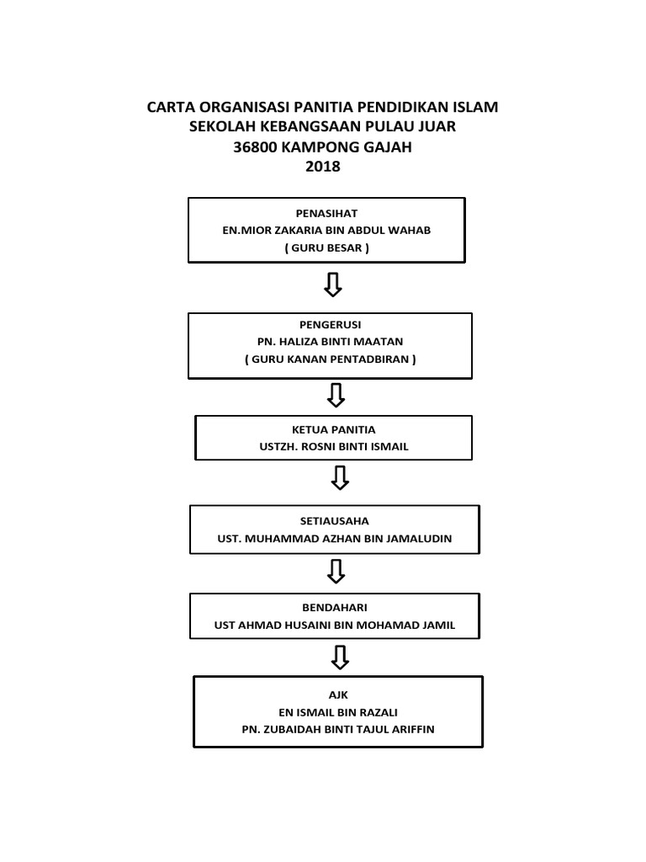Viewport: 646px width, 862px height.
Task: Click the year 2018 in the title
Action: [323, 167]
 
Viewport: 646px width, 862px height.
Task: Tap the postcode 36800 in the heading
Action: [257, 146]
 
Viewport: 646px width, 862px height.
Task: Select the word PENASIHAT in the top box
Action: [326, 214]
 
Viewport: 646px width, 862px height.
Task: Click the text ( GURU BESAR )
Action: [326, 248]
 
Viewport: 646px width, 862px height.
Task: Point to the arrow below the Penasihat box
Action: [333, 285]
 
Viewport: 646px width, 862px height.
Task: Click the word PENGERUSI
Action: [331, 324]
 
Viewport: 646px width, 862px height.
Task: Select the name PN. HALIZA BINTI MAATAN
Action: [331, 342]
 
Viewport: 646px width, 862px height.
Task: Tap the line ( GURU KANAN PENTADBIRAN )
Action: [331, 359]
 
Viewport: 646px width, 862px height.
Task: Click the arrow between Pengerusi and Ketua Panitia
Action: [336, 394]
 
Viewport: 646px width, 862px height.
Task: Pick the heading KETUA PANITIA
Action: [334, 429]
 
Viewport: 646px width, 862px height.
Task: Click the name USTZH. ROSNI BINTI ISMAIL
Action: [334, 447]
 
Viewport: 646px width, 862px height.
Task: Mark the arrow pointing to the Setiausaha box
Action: [339, 478]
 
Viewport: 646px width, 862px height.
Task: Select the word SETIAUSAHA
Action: [335, 521]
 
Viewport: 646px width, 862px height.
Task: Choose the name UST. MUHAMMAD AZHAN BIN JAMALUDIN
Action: [335, 539]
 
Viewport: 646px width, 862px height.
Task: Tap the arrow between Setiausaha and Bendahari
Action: [336, 572]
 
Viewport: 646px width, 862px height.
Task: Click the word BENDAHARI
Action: [335, 608]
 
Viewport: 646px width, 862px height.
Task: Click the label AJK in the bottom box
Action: [338, 694]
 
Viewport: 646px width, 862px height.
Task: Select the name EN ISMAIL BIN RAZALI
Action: [338, 712]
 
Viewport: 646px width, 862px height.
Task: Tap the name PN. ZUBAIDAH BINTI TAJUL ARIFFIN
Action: [338, 730]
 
